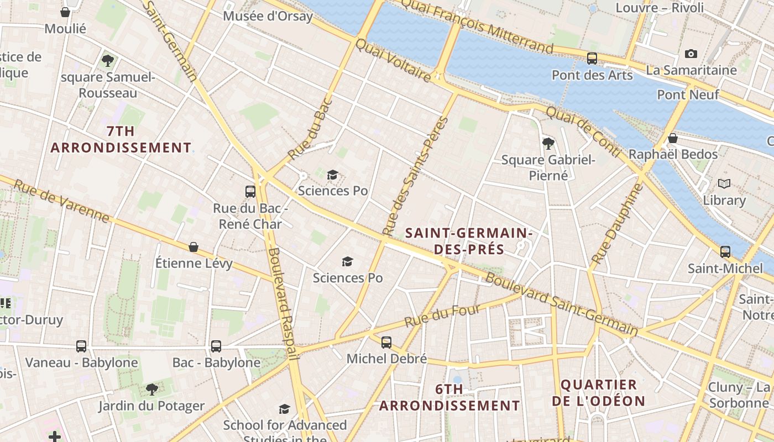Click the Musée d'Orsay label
[268, 16]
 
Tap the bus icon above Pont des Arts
[592, 58]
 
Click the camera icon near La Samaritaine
[691, 54]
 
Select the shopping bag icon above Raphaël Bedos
[673, 138]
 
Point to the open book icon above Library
[724, 183]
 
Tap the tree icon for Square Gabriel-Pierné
[548, 144]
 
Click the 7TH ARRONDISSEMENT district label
[121, 139]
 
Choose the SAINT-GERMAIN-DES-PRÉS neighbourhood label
[469, 241]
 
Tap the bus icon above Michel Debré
[386, 343]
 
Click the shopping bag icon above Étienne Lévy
[193, 247]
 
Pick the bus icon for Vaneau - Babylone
[81, 346]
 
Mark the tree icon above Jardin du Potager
[151, 390]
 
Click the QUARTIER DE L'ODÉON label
[598, 393]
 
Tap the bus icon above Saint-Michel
[725, 252]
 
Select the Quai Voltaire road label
[393, 60]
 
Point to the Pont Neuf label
[688, 94]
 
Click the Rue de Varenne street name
[61, 201]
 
